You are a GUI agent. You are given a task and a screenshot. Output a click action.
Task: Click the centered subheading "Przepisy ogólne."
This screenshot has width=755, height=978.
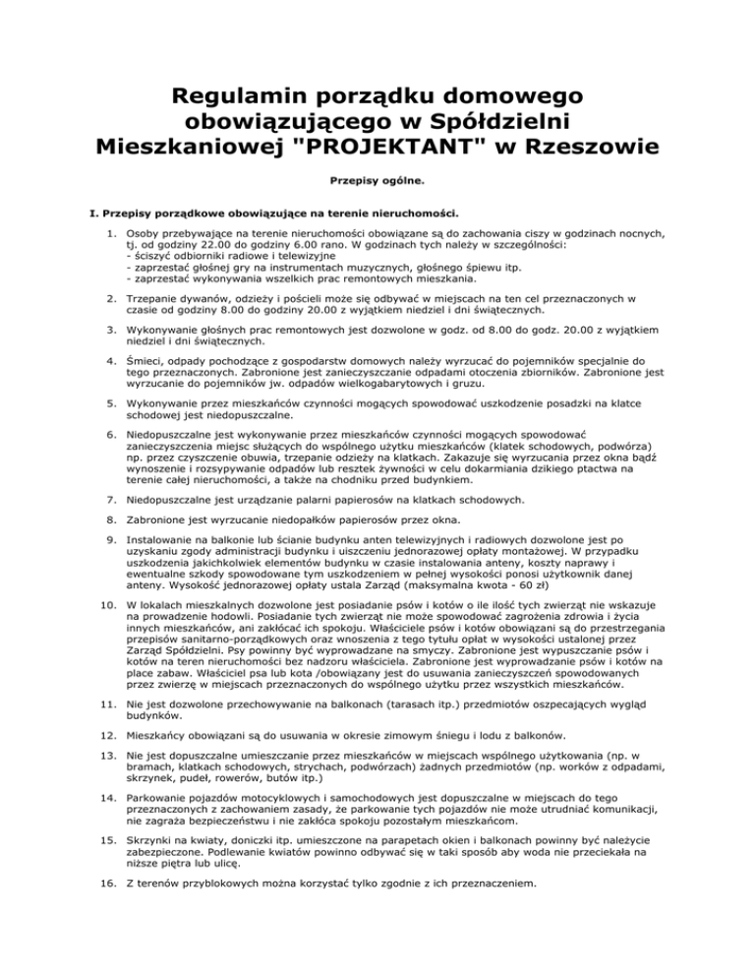tap(377, 181)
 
